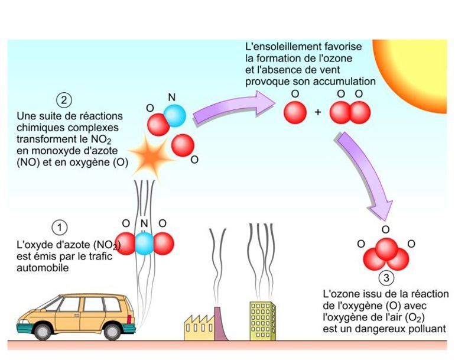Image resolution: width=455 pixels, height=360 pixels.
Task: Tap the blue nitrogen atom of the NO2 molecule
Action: (144, 244)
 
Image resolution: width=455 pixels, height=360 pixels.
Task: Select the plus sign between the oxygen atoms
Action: (318, 112)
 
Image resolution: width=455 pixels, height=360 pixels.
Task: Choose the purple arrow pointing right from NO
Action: (234, 109)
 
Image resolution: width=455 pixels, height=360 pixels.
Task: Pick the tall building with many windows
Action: (262, 320)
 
